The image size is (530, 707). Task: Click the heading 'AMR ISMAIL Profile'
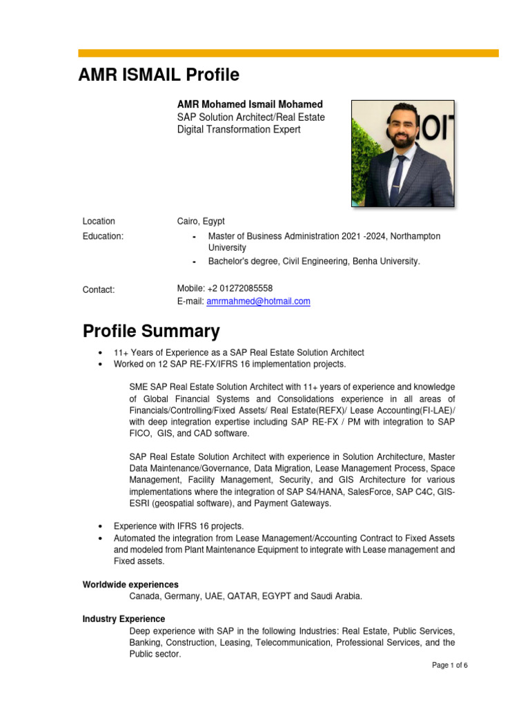[x=159, y=75]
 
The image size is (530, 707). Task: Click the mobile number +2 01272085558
[x=239, y=288]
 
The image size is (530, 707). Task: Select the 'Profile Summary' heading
[x=151, y=331]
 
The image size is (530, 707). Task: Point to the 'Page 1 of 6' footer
[x=449, y=666]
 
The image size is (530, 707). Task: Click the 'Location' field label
[x=99, y=222]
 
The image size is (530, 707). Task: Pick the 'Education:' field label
[x=103, y=236]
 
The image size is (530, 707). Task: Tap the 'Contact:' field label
[x=99, y=289]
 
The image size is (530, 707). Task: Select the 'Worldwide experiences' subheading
[x=130, y=584]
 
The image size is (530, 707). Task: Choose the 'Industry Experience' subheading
[x=124, y=619]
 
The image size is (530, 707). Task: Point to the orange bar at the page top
[x=288, y=52]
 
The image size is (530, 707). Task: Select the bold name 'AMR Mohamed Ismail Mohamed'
[x=250, y=104]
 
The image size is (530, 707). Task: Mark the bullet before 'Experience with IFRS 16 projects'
[x=101, y=526]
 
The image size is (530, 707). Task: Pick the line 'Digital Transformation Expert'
[x=239, y=130]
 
